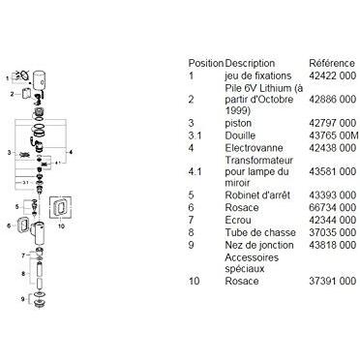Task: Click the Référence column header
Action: pos(332,63)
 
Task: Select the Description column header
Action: pos(250,64)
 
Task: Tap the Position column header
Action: pos(206,63)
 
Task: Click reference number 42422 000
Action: pos(333,75)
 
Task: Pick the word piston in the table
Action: pos(238,123)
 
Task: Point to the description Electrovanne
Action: pos(254,148)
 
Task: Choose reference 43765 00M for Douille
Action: pos(334,135)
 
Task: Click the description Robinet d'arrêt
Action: pos(257,195)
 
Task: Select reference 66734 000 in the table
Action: pos(333,207)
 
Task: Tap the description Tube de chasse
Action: pos(260,232)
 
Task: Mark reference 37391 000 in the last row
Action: pos(333,281)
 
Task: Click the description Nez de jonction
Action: pos(259,245)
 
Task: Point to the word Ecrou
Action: pos(238,220)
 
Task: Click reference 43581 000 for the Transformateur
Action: pos(333,171)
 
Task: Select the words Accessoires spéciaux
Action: pos(252,263)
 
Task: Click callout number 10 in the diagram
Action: pos(61,226)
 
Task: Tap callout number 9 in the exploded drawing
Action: pos(23,299)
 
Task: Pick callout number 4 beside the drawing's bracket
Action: pos(71,151)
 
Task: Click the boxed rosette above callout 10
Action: pos(60,207)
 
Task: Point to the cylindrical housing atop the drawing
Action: pos(40,79)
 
